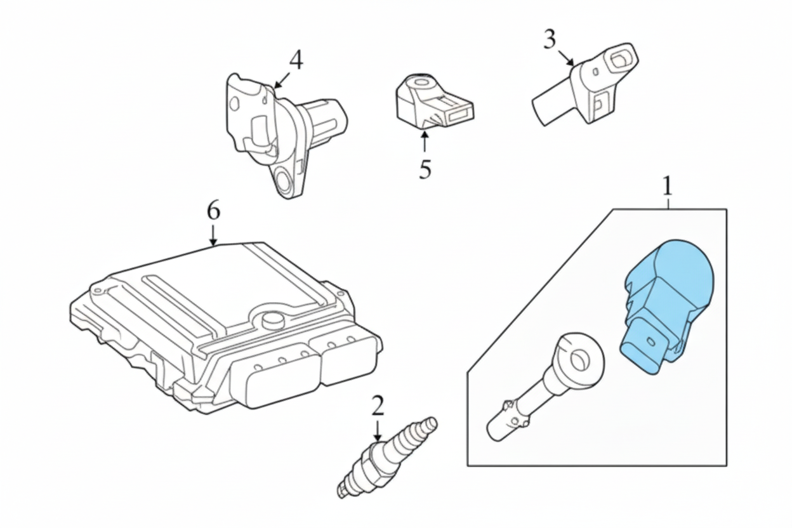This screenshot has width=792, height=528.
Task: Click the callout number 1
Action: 667,186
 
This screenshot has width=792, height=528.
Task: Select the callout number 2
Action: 378,404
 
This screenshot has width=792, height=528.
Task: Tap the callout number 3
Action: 550,40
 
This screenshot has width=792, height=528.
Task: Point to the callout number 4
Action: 296,60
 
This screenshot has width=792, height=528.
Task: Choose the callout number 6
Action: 213,210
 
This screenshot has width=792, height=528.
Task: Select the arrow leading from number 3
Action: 567,58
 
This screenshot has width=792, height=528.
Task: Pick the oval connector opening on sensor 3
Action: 618,60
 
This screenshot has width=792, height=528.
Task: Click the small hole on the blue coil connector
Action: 649,342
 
